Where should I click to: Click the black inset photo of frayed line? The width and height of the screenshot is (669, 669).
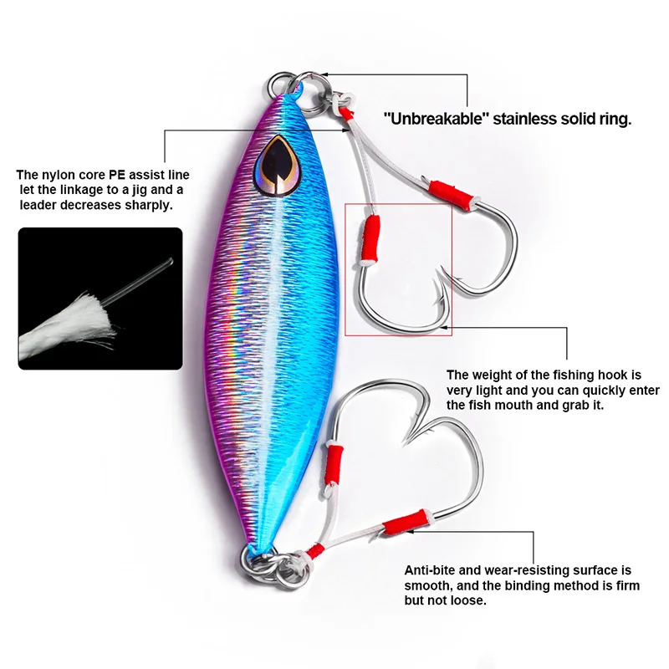[100, 299]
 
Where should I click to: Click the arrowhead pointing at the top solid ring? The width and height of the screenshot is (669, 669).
[326, 76]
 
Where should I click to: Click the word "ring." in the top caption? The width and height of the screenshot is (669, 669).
[615, 119]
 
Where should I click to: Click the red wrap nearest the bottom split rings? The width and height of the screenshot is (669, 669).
[315, 550]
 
